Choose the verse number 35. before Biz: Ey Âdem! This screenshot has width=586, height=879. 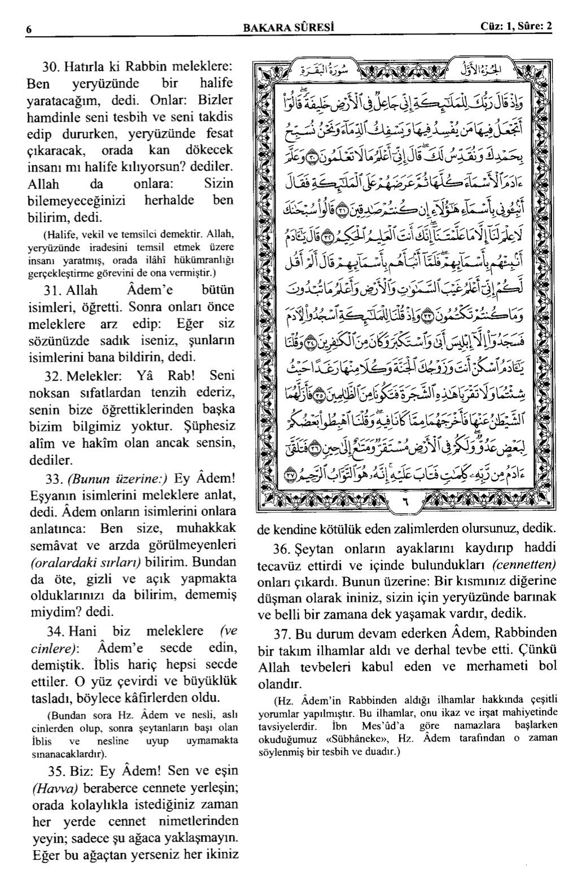[x=54, y=771]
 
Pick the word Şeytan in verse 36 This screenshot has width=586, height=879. [x=313, y=549]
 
